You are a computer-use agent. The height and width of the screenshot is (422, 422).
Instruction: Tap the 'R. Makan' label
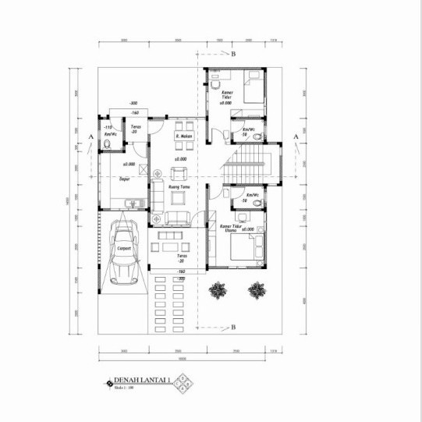click(184, 137)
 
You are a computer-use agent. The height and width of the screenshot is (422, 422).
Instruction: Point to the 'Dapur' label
click(124, 179)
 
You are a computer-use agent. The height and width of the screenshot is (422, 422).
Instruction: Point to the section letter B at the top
click(232, 54)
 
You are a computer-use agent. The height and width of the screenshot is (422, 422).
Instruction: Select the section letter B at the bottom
click(232, 328)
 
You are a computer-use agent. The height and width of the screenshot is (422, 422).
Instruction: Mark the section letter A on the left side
click(91, 137)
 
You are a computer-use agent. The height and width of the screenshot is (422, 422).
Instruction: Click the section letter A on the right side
click(296, 137)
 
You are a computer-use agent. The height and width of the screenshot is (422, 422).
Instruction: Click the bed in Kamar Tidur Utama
click(247, 251)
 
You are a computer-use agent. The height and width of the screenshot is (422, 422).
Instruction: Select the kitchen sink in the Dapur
click(134, 205)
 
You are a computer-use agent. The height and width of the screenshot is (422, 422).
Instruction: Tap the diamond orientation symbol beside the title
click(183, 383)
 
